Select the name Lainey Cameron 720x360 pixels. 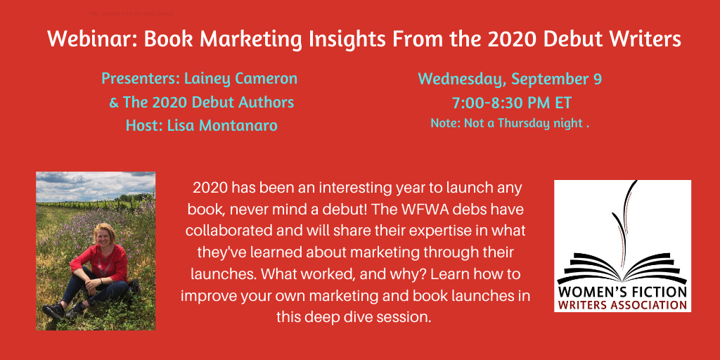pyautogui.click(x=240, y=79)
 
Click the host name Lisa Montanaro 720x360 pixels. pyautogui.click(x=222, y=125)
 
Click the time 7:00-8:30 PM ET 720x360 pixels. pyautogui.click(x=512, y=103)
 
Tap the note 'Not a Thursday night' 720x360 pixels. pyautogui.click(x=524, y=124)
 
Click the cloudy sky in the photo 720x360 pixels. pyautogui.click(x=96, y=185)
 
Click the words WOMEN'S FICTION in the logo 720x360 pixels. pyautogui.click(x=622, y=292)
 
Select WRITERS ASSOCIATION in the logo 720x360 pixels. pyautogui.click(x=622, y=305)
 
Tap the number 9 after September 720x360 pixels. pyautogui.click(x=596, y=79)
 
